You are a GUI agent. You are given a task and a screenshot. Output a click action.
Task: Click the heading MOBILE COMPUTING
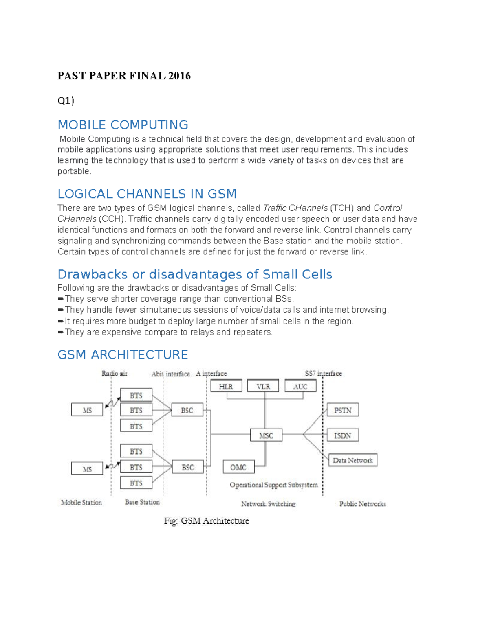click(x=123, y=125)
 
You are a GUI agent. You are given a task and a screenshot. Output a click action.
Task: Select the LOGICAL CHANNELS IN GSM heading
click(x=147, y=194)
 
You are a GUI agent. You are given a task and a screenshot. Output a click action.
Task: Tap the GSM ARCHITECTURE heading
click(x=123, y=354)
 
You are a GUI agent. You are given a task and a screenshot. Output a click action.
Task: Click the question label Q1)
click(x=66, y=101)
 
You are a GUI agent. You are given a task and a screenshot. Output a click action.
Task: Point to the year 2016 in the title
click(x=179, y=76)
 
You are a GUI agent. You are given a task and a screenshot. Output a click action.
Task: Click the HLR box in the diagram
click(x=226, y=386)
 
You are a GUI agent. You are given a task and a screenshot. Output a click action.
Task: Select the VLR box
click(x=263, y=386)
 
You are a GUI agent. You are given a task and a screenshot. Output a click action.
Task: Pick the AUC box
click(x=300, y=386)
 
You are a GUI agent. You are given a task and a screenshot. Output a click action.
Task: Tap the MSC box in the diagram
click(x=266, y=435)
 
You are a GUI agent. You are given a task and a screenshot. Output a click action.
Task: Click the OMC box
click(x=238, y=467)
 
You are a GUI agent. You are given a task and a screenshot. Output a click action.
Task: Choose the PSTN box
click(x=343, y=410)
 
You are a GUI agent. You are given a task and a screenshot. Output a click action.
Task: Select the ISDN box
click(x=343, y=435)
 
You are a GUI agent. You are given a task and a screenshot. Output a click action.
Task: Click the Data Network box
click(x=353, y=460)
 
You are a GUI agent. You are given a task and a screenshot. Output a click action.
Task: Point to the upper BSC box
click(x=187, y=410)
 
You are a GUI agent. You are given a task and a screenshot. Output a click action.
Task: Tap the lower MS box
click(x=87, y=469)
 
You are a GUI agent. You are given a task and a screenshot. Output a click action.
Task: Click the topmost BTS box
click(x=136, y=395)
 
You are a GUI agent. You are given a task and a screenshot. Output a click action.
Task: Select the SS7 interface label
click(x=324, y=373)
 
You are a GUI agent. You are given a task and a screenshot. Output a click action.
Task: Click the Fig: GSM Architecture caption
click(x=206, y=521)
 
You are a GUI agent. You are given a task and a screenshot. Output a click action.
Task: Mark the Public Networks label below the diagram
click(x=363, y=504)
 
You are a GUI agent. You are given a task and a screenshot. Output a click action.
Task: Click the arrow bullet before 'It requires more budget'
click(x=61, y=321)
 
